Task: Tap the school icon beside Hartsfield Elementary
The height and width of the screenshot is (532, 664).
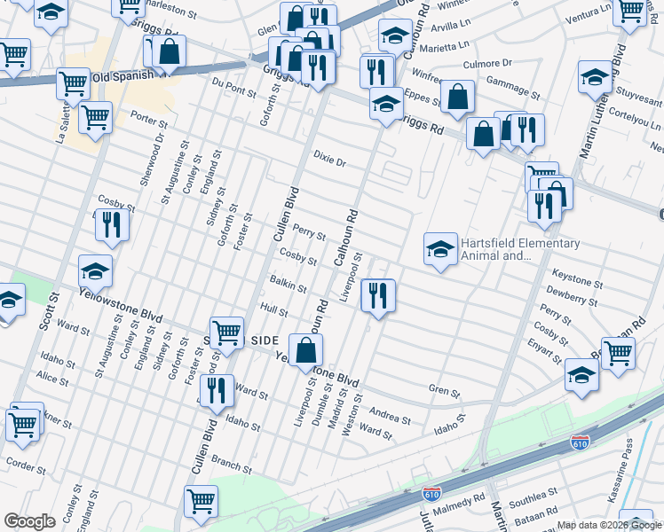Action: tap(439, 250)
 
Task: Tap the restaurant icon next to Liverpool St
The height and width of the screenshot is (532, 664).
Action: tap(378, 297)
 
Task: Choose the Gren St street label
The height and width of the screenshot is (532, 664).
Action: tap(445, 391)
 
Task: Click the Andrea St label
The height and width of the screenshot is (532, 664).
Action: tap(390, 418)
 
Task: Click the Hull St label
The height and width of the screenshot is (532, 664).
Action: tap(274, 311)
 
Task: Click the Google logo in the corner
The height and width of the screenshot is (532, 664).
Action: tap(28, 521)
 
